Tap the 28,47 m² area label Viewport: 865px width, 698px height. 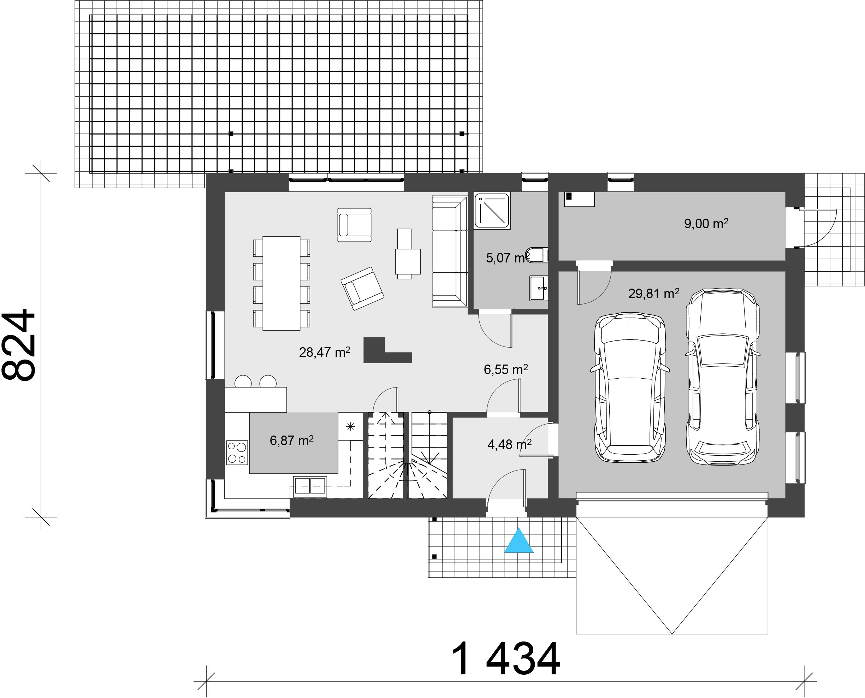tap(324, 352)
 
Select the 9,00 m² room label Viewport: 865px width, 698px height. tap(706, 224)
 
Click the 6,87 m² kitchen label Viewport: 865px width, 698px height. tap(291, 441)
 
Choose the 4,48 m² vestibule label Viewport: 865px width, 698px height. tap(509, 444)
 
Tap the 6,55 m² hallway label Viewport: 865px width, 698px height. tap(506, 369)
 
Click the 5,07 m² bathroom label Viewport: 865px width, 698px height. tap(508, 258)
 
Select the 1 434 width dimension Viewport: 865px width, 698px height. tap(506, 659)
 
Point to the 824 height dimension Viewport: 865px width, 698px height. tap(18, 344)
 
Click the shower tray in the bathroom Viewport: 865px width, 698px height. tap(492, 211)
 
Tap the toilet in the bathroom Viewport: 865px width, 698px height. tap(537, 255)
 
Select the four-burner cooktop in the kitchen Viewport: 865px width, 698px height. tap(237, 452)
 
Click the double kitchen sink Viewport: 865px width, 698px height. tap(309, 487)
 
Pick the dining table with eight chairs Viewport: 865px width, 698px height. tap(282, 283)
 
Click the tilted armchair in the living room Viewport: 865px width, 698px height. tap(362, 288)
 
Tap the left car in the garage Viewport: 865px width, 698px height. tap(630, 387)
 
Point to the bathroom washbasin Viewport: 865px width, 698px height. tap(539, 288)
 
